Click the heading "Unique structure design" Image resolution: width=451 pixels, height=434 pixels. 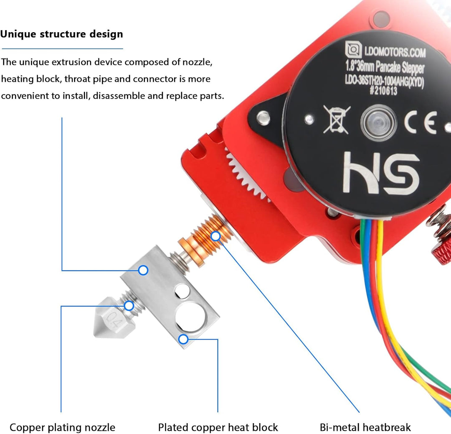click(62, 34)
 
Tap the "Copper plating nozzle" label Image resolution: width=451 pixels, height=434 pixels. click(62, 428)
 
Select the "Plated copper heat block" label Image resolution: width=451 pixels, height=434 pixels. click(218, 428)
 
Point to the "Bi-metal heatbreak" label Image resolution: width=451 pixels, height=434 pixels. click(365, 428)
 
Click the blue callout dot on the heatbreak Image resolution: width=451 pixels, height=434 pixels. click(215, 236)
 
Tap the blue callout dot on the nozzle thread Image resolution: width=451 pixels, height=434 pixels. click(129, 306)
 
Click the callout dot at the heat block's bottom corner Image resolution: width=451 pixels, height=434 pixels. click(183, 339)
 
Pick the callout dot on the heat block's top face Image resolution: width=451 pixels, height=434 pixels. click(143, 271)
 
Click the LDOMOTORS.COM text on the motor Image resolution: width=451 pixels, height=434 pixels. click(388, 52)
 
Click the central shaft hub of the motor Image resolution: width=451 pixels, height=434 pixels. click(378, 122)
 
